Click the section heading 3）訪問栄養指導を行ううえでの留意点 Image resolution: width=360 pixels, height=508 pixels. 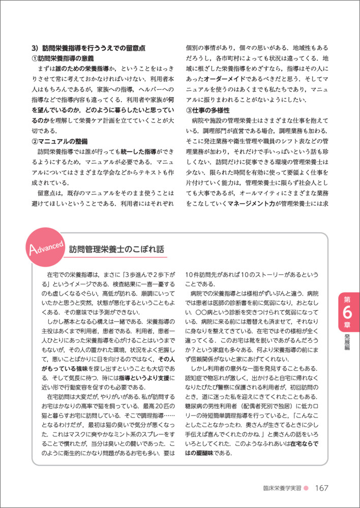click(x=89, y=48)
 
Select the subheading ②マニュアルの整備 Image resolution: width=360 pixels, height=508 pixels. click(x=62, y=141)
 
